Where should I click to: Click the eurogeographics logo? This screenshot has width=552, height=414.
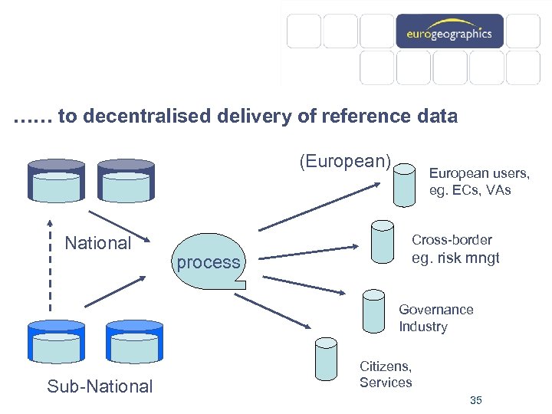click(449, 34)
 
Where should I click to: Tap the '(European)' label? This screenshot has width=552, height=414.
click(344, 161)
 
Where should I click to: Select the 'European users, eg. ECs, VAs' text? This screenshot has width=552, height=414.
click(478, 181)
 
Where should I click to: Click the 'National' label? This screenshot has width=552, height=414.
click(97, 243)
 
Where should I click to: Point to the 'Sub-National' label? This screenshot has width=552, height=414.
click(100, 386)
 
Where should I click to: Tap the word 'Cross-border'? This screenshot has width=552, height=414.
click(452, 240)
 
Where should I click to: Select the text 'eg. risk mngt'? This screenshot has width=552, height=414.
click(455, 258)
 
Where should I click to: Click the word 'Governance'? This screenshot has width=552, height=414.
click(435, 310)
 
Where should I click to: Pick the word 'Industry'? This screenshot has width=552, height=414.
click(422, 327)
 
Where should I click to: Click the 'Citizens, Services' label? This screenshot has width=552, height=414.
click(386, 374)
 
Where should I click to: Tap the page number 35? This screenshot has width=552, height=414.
click(475, 400)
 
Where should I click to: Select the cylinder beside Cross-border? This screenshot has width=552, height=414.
click(382, 242)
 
